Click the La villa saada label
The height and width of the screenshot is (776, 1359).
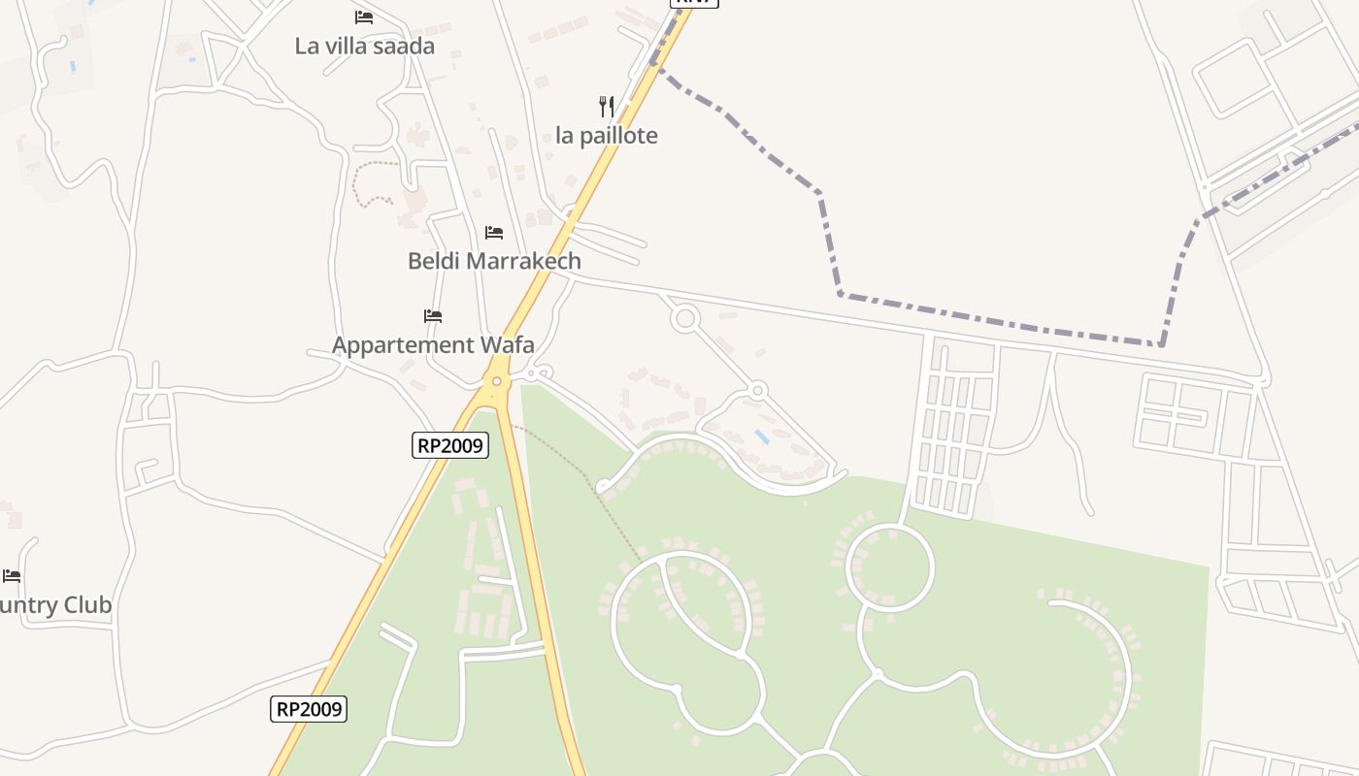(364, 46)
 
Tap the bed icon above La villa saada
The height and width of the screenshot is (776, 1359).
(364, 17)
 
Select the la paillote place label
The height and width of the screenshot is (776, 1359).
(607, 136)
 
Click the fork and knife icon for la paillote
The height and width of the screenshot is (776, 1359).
(607, 106)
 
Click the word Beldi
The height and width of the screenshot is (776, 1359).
(434, 261)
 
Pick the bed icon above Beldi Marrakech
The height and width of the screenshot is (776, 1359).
(494, 233)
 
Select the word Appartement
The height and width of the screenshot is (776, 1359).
(398, 345)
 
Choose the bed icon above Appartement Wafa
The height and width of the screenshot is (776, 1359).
(433, 316)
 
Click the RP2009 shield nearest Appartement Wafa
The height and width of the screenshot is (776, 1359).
(450, 445)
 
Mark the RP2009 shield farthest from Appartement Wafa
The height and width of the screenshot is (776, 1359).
(308, 709)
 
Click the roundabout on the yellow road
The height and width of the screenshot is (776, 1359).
(497, 381)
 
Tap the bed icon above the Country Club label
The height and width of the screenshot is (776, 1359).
(12, 576)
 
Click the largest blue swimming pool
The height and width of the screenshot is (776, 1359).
(763, 437)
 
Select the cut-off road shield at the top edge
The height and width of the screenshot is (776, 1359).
(694, 3)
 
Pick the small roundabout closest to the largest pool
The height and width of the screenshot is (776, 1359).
(758, 390)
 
